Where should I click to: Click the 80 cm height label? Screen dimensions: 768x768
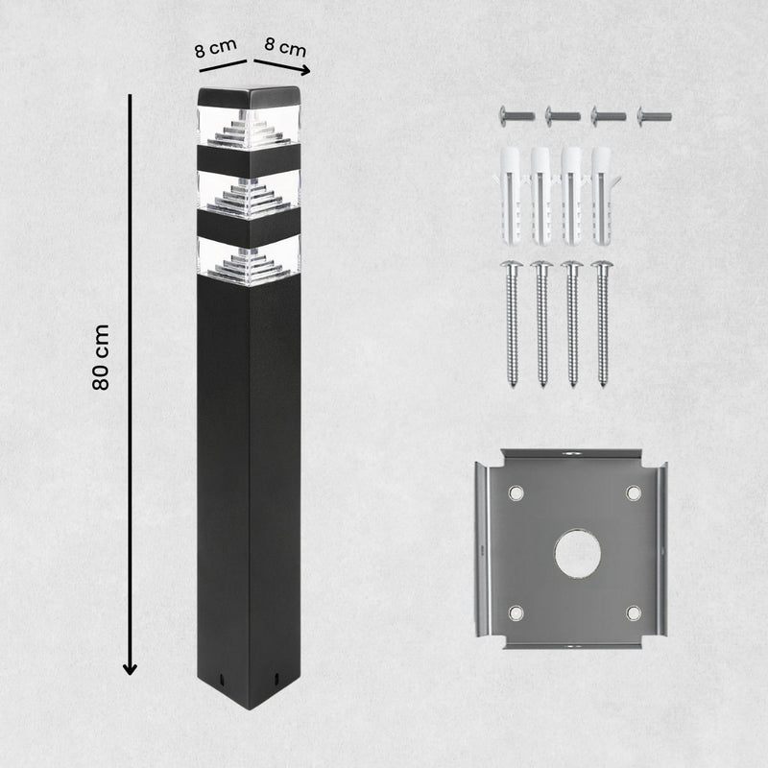pos(101,357)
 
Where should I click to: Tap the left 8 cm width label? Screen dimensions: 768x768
pos(215,48)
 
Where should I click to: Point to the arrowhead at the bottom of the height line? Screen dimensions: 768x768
pos(130,668)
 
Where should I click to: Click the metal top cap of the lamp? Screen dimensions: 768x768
pos(249,97)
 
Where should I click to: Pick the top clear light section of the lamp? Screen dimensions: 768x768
pos(249,127)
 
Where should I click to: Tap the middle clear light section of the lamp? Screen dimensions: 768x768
pos(249,193)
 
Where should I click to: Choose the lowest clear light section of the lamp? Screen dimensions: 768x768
pos(249,260)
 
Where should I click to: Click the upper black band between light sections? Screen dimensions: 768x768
pos(249,160)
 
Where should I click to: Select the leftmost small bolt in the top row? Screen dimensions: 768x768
pos(516,116)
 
